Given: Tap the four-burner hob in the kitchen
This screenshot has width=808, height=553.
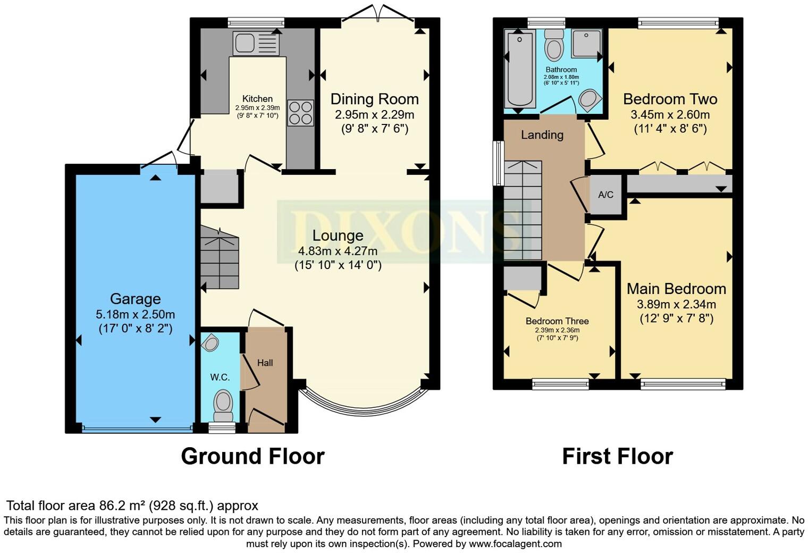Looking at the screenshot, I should pyautogui.click(x=300, y=113).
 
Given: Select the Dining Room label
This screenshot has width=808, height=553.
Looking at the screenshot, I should pyautogui.click(x=374, y=99).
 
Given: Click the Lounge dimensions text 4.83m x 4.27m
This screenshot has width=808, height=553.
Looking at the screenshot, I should pyautogui.click(x=338, y=251).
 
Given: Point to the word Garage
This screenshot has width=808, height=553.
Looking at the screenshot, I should pyautogui.click(x=135, y=299).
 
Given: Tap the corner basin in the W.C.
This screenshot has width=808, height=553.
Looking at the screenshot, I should pyautogui.click(x=211, y=342).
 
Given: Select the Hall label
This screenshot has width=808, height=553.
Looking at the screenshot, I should pyautogui.click(x=265, y=363).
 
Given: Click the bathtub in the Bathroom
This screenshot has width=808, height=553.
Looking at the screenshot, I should pyautogui.click(x=519, y=69).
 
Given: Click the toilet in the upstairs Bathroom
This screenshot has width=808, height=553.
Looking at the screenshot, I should pyautogui.click(x=554, y=46).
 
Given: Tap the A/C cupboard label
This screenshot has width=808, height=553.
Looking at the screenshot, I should pyautogui.click(x=605, y=195).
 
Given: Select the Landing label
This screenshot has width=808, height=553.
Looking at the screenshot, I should pyautogui.click(x=542, y=135).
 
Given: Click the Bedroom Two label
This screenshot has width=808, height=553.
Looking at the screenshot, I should pyautogui.click(x=670, y=99).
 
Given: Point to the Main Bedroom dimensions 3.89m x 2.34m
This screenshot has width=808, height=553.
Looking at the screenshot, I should pyautogui.click(x=676, y=305).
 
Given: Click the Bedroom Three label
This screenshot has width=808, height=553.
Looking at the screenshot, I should pyautogui.click(x=557, y=321).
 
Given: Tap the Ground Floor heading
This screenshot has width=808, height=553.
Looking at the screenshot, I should pyautogui.click(x=252, y=456).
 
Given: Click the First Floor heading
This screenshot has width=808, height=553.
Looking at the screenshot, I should pyautogui.click(x=617, y=456).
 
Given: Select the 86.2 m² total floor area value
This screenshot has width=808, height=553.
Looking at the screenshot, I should pyautogui.click(x=122, y=506).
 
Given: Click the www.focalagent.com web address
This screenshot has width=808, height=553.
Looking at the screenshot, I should pyautogui.click(x=515, y=544).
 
